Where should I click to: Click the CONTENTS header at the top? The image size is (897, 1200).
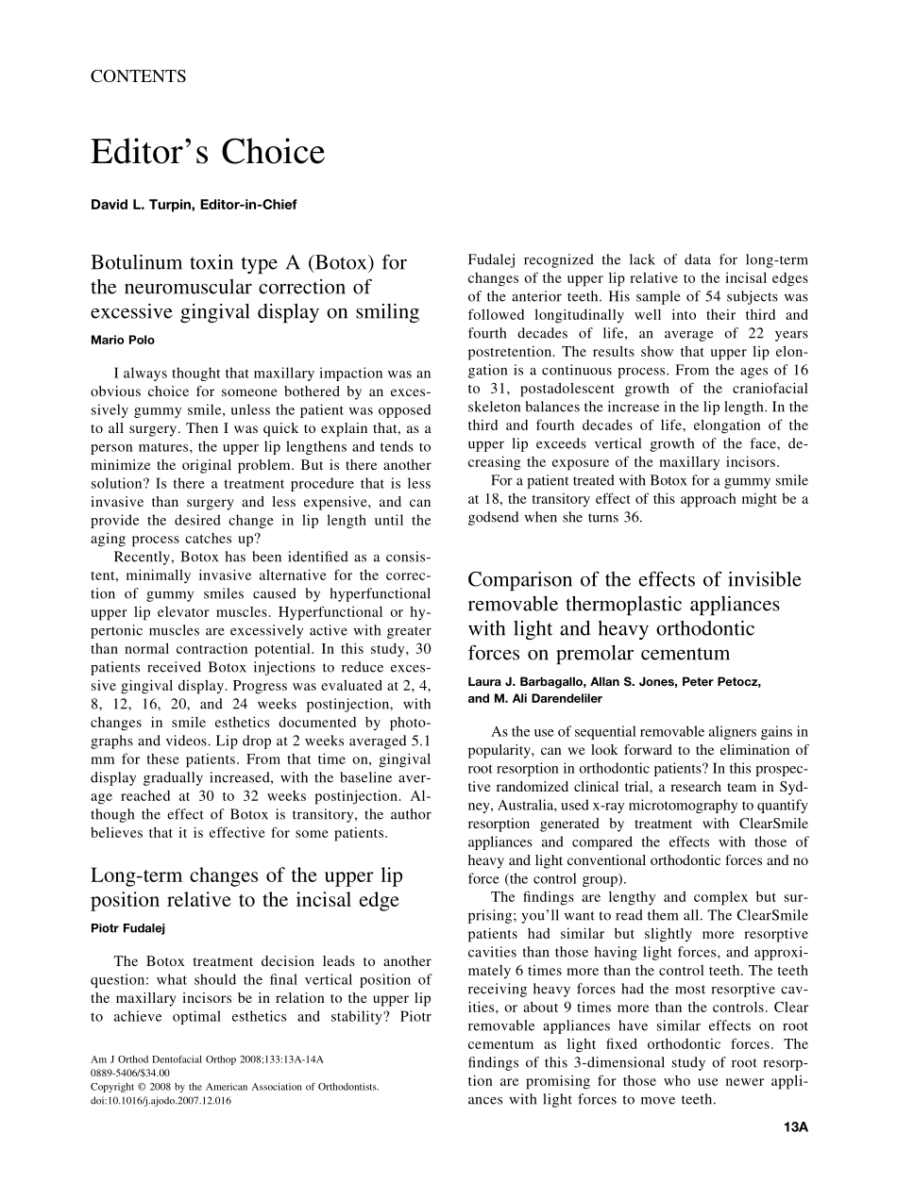pos(138,77)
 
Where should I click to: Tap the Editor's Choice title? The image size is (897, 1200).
pos(208,152)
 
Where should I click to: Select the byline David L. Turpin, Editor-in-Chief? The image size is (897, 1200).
pos(194,204)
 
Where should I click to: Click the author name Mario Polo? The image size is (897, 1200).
pos(124,340)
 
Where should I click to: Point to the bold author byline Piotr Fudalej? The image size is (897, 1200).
pos(127,928)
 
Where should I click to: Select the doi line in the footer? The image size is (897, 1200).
pos(161,1101)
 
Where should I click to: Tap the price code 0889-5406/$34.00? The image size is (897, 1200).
pos(130,1074)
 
